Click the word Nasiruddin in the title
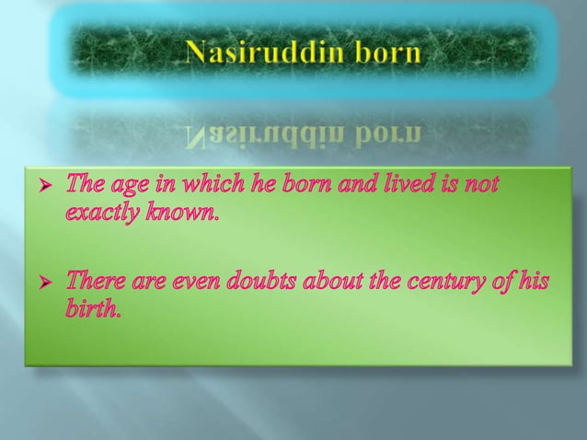[x=260, y=53]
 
